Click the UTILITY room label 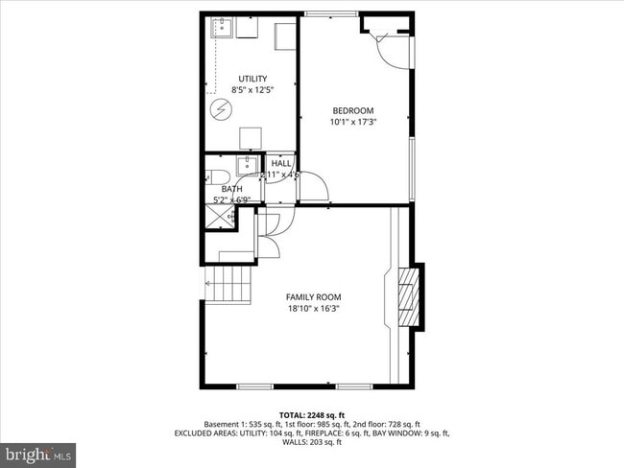[x=252, y=79]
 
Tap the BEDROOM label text [x=352, y=110]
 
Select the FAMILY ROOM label [x=312, y=296]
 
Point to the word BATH [x=231, y=189]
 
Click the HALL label [x=281, y=164]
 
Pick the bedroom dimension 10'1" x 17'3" [x=352, y=122]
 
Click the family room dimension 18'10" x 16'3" [x=312, y=309]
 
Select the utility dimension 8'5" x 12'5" [x=252, y=90]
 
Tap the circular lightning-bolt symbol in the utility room [x=220, y=109]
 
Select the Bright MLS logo [x=39, y=451]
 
